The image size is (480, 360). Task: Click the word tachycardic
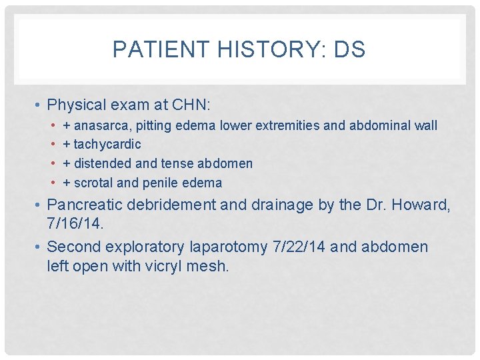click(107, 144)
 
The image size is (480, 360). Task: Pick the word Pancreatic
click(83, 205)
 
